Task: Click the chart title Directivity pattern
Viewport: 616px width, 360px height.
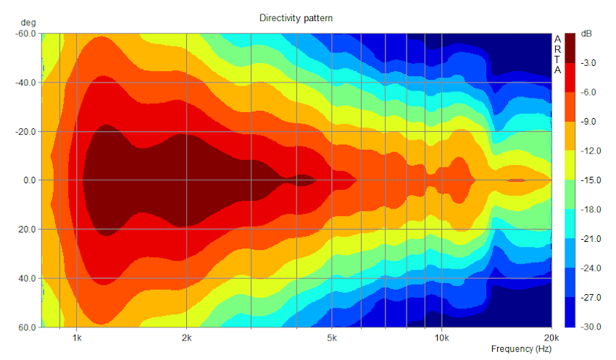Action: click(296, 17)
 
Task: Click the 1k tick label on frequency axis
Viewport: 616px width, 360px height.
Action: click(76, 338)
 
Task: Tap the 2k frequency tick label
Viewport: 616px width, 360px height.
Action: click(187, 338)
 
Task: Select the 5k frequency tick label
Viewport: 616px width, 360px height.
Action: click(333, 338)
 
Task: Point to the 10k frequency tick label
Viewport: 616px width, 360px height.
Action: click(441, 338)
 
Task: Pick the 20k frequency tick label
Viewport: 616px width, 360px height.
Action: click(552, 338)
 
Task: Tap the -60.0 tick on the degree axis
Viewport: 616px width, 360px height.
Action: click(25, 33)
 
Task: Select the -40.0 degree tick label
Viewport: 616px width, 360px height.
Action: click(25, 83)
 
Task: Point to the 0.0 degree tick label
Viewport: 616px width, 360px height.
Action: click(29, 180)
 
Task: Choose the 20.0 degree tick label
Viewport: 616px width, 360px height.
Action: click(28, 229)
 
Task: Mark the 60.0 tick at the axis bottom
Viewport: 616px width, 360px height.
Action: click(28, 327)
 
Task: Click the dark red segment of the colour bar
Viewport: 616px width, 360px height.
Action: click(570, 48)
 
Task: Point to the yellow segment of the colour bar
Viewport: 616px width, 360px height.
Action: click(570, 165)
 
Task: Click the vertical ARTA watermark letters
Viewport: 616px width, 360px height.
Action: click(557, 54)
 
